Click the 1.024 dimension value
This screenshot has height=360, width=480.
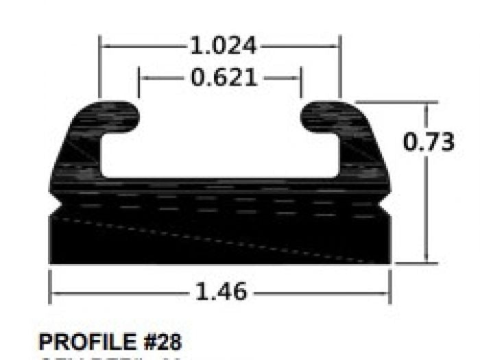click(222, 47)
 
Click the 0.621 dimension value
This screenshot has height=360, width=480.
click(224, 78)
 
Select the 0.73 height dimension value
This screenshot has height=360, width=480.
click(429, 142)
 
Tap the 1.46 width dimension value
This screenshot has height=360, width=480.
click(221, 292)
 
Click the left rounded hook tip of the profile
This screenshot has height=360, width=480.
click(130, 117)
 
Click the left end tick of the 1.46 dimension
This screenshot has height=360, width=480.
click(50, 287)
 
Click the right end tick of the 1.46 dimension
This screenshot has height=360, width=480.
click(390, 287)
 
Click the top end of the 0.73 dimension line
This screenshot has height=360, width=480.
click(427, 104)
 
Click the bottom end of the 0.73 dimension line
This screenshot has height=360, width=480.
click(427, 263)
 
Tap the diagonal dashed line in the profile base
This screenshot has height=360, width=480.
click(219, 240)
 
